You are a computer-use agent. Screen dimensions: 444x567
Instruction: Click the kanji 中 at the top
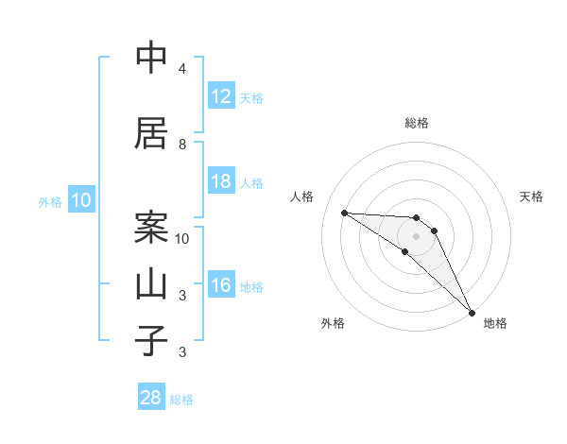tap(151, 59)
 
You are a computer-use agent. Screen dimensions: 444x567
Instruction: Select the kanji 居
tap(151, 132)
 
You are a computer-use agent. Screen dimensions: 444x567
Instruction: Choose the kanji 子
tap(151, 340)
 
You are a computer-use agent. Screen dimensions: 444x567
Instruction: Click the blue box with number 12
tap(221, 96)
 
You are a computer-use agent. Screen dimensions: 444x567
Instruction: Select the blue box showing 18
tap(221, 181)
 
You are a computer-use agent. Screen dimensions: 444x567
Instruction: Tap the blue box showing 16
tap(221, 286)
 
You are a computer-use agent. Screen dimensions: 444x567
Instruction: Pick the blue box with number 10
tap(81, 200)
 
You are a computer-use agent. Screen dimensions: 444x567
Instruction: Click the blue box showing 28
tap(151, 398)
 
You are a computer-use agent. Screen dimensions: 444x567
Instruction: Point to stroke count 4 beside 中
tap(182, 69)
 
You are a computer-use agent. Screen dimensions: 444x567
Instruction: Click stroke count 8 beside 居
tap(182, 145)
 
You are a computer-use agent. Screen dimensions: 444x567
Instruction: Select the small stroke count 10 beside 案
tap(182, 238)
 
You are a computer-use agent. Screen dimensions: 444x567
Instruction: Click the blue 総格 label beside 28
tap(181, 400)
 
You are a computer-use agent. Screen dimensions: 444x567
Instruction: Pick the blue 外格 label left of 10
tap(50, 202)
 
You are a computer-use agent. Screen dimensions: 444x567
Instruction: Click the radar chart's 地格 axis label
tap(495, 324)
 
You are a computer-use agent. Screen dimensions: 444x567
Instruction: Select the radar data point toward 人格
tap(344, 213)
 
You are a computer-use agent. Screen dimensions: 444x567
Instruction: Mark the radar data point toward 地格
tap(471, 311)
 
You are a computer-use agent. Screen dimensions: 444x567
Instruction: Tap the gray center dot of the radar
tap(416, 236)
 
